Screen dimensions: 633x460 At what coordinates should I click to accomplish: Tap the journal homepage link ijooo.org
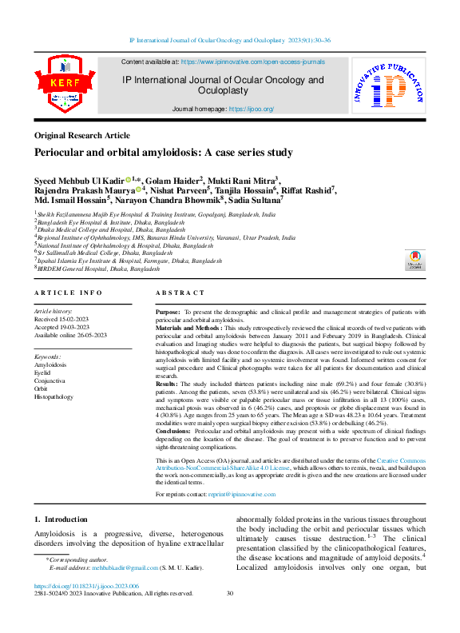pos(252,109)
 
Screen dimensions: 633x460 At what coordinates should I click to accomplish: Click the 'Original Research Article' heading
pos(81,136)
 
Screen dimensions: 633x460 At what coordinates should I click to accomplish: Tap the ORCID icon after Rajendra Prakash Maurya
pos(139,191)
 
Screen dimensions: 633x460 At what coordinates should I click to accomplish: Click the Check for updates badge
pos(414,260)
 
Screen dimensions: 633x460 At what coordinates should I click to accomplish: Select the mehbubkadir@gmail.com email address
pos(113,568)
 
